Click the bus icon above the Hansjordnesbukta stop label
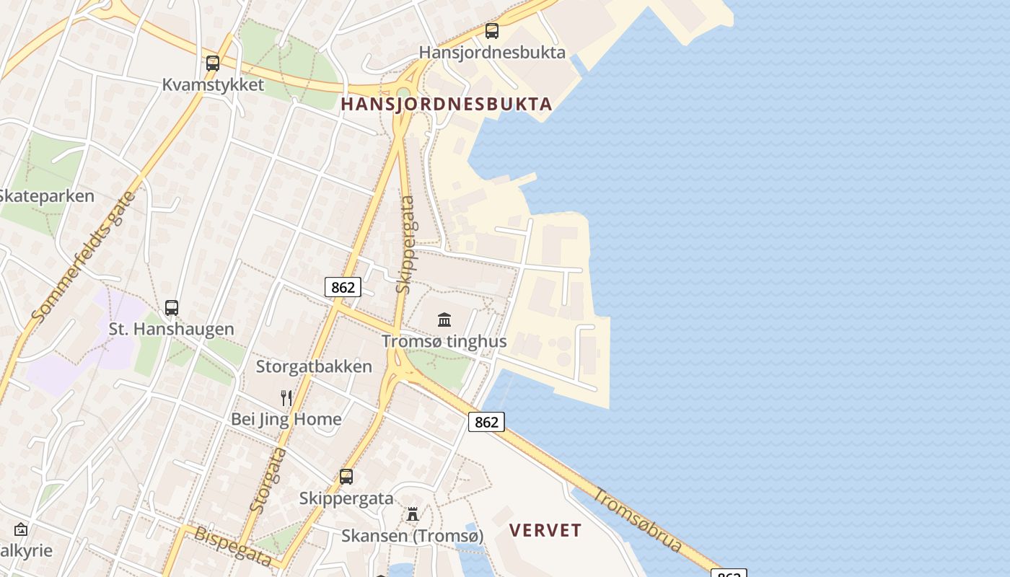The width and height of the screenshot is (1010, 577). click(492, 31)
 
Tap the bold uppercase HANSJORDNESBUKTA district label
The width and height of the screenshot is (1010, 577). click(447, 104)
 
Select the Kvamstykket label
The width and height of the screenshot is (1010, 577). click(213, 84)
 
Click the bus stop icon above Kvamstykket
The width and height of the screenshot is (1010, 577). click(213, 63)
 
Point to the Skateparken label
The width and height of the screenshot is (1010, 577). click(46, 196)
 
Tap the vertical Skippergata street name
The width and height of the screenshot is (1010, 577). click(405, 245)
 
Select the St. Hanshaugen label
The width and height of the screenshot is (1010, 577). click(172, 329)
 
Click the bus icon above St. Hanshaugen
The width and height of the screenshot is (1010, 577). click(172, 308)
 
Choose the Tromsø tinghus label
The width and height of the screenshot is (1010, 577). click(444, 341)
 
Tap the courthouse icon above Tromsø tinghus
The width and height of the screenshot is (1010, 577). click(444, 320)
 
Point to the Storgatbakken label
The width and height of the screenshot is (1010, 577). click(314, 366)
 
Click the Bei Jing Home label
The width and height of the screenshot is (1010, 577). click(286, 419)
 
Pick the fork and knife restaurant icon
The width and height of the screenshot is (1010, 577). click(286, 397)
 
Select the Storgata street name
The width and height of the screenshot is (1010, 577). click(268, 480)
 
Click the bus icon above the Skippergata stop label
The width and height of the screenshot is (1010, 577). click(346, 477)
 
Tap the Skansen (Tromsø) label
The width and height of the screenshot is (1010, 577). click(412, 536)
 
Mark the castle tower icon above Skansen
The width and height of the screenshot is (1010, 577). click(413, 514)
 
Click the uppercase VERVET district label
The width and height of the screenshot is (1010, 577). click(545, 531)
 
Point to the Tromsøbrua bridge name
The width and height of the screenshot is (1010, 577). click(638, 519)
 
